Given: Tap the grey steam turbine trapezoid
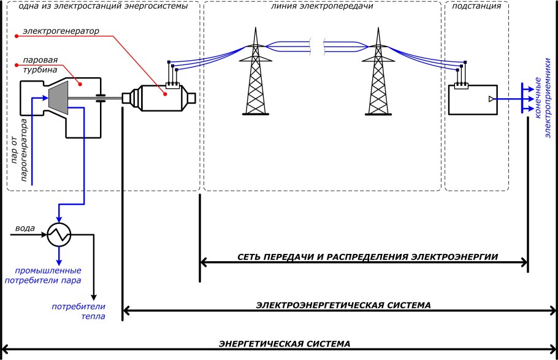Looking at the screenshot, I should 58,98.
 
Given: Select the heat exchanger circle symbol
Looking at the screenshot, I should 59,233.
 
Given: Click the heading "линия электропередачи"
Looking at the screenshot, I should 321,7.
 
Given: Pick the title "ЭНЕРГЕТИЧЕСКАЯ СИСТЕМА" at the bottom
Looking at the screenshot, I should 285,343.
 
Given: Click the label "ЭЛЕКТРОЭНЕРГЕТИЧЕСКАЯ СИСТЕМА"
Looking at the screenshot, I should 343,305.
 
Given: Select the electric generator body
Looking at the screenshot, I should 161,98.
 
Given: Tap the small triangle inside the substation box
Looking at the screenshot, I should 490,99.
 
